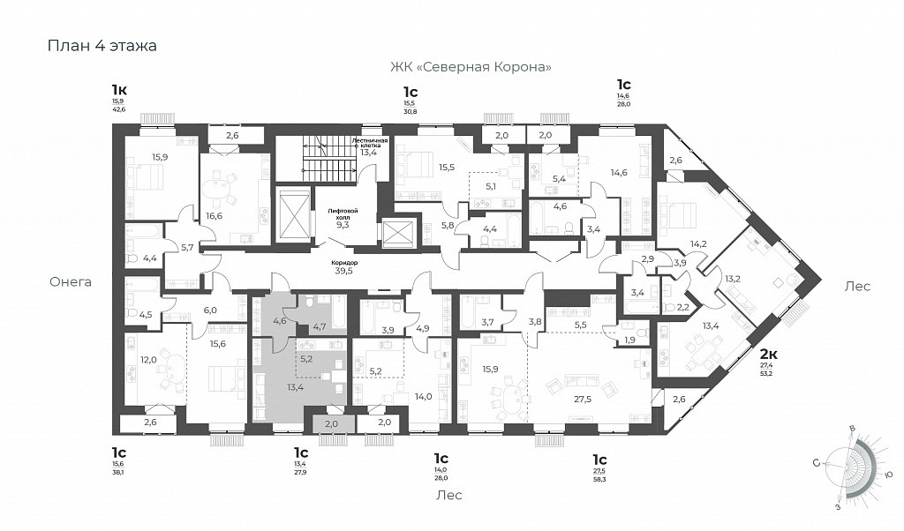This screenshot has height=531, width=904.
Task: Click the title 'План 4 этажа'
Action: point(102,46)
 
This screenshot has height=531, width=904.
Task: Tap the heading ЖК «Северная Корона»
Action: point(472,67)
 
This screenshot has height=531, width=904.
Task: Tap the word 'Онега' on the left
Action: point(71,282)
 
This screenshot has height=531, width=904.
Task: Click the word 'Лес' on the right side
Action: point(857,286)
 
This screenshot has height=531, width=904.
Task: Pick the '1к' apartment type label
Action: point(119,89)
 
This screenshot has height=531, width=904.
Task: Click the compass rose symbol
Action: point(851,464)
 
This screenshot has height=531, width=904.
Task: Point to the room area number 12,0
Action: point(148,359)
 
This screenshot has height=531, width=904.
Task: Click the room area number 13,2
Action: point(733,278)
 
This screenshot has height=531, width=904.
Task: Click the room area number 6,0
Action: point(210,310)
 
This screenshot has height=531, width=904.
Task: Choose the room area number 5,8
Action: point(448,226)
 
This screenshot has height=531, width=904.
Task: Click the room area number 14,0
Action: point(424,398)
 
